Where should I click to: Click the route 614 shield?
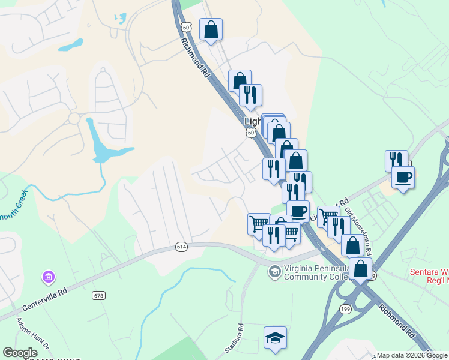[181, 247]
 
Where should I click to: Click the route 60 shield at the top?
[186, 27]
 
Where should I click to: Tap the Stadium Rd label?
[236, 337]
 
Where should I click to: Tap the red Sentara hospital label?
[429, 276]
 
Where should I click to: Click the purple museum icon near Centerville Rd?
[47, 277]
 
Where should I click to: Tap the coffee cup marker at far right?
[403, 177]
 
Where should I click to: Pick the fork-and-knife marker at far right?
[396, 160]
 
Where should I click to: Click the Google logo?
[20, 353]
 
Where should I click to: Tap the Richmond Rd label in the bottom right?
[397, 318]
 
